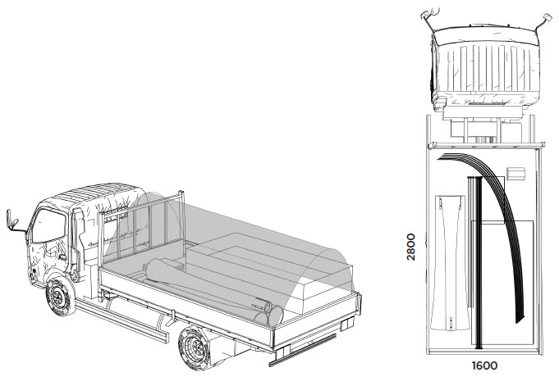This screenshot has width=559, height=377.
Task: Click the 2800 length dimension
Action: pos(411,247)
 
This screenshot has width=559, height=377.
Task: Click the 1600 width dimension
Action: pos(484,366)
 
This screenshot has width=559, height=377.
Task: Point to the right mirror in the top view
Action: pos(546,18)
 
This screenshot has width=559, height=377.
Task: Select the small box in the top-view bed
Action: pos(515,173)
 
